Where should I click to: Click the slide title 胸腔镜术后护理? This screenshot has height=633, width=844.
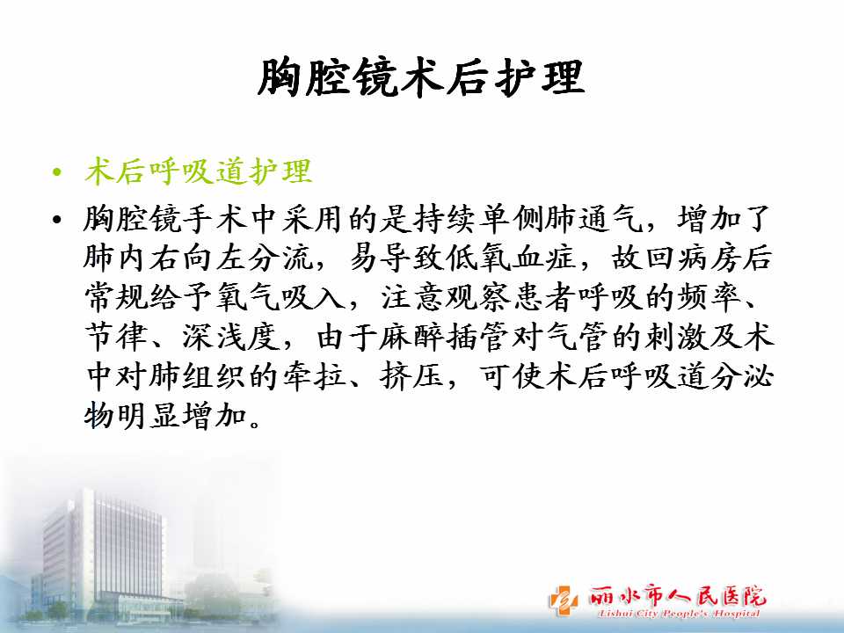click(x=421, y=78)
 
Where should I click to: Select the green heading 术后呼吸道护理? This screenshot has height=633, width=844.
click(x=198, y=171)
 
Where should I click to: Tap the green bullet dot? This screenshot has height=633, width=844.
click(x=57, y=173)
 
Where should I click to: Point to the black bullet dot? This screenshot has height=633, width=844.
click(x=57, y=219)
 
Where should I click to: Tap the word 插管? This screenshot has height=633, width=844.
click(x=477, y=337)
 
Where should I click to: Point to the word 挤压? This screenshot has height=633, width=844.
click(x=411, y=376)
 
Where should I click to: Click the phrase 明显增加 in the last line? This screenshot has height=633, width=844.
click(x=182, y=416)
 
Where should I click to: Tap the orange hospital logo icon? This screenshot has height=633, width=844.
click(x=563, y=600)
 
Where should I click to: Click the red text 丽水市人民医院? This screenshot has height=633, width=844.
click(x=677, y=595)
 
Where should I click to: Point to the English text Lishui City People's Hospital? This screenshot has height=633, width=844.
click(x=679, y=613)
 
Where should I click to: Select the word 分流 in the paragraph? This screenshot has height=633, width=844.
click(x=280, y=258)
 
